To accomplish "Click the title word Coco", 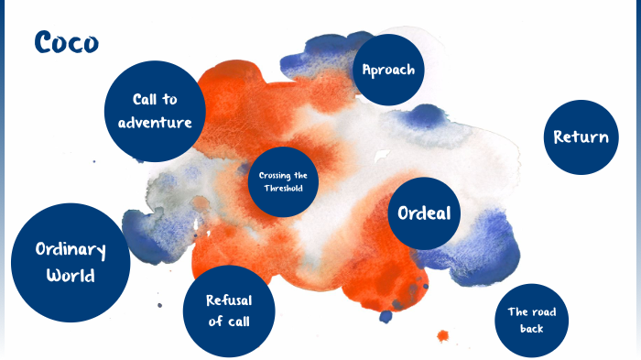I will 66,42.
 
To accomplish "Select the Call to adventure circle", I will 153,112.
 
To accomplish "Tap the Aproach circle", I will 388,70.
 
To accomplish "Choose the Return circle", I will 581,137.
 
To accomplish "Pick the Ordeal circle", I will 423,213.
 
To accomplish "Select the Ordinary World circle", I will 71,262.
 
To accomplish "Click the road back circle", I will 531,319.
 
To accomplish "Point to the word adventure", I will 156,122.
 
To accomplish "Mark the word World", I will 71,275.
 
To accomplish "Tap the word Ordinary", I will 71,250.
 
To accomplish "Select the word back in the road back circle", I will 531,328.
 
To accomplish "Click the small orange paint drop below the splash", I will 443,335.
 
